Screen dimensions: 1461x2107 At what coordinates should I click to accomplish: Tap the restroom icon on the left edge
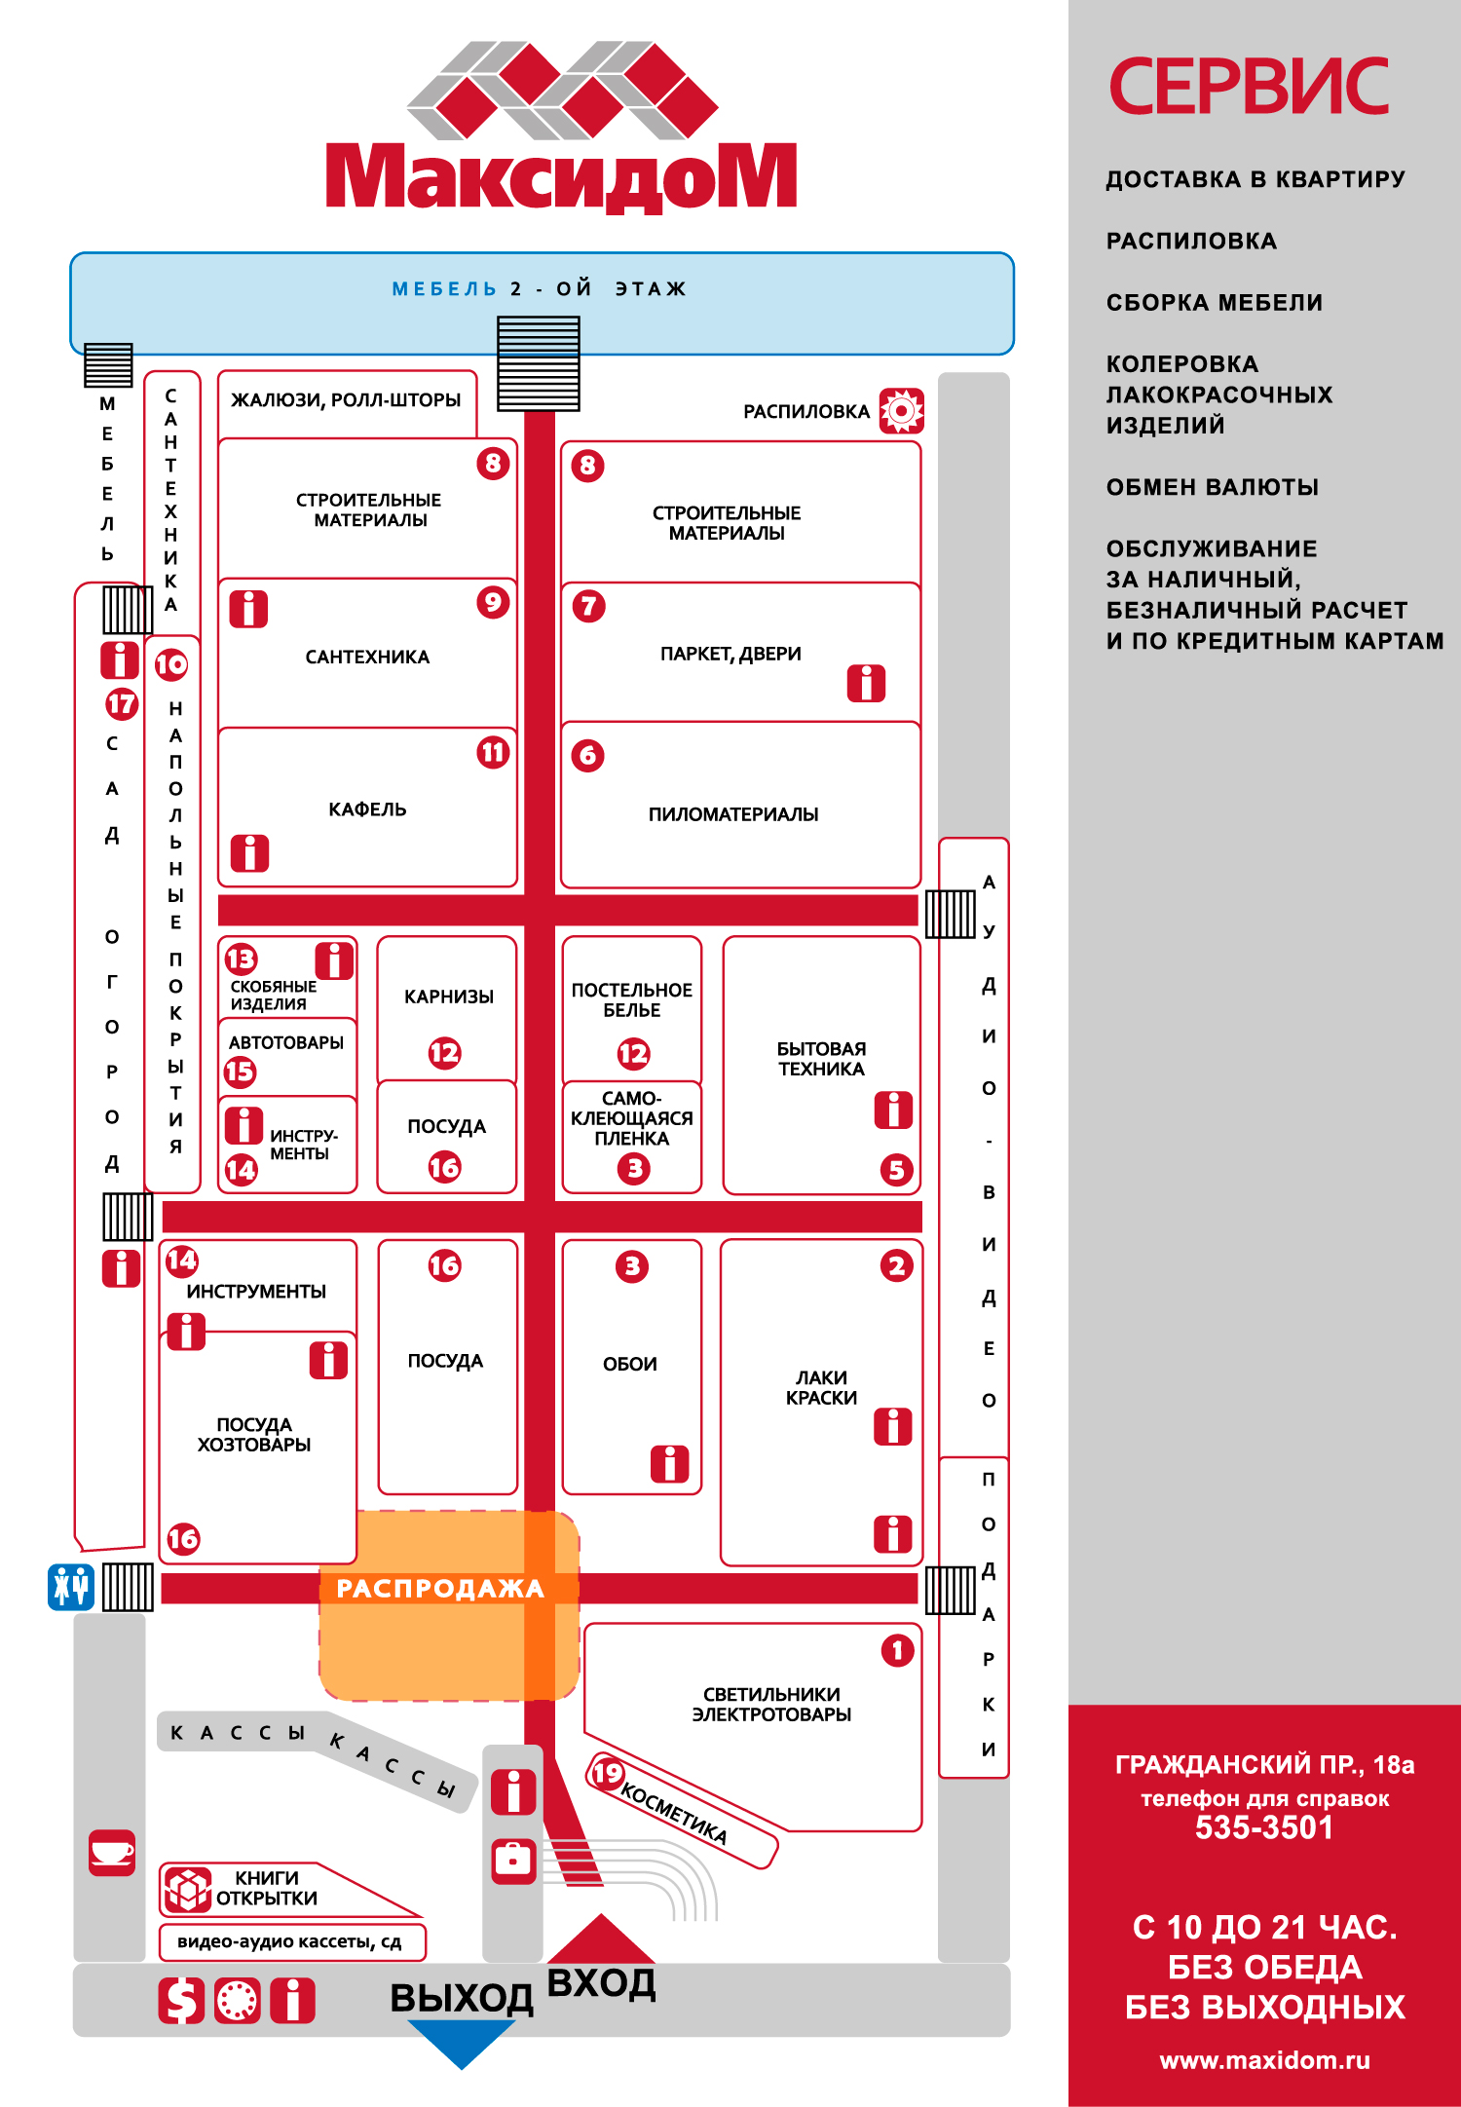tap(71, 1586)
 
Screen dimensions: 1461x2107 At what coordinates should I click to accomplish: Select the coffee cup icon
tap(112, 1852)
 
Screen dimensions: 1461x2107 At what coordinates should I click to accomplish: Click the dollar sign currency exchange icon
tap(182, 2001)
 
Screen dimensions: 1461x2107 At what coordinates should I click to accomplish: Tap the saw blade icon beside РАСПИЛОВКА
tap(902, 411)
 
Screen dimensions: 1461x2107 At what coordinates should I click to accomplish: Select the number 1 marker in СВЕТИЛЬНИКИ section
tap(897, 1650)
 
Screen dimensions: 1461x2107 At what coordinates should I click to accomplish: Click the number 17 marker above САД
tap(122, 704)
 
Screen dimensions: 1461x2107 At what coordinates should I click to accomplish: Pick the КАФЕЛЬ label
tap(367, 809)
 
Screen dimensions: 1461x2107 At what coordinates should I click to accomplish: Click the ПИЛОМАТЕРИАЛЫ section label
tap(733, 814)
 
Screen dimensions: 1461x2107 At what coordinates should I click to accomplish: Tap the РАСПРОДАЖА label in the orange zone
tap(440, 1589)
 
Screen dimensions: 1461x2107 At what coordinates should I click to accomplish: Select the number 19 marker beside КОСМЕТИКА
tap(608, 1773)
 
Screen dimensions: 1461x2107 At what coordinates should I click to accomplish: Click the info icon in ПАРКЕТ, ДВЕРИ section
tap(866, 683)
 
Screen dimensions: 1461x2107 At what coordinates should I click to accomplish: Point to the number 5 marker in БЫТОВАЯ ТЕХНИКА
tap(897, 1169)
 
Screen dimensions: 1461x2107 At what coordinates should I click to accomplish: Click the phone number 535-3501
tap(1264, 1827)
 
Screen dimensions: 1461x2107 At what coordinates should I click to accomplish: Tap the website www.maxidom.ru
tap(1264, 2060)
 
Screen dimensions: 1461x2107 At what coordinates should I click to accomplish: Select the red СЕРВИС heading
tap(1250, 86)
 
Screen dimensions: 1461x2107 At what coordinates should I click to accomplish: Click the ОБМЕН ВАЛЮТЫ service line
tap(1213, 487)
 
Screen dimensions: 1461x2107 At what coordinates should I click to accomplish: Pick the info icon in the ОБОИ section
tap(669, 1463)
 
